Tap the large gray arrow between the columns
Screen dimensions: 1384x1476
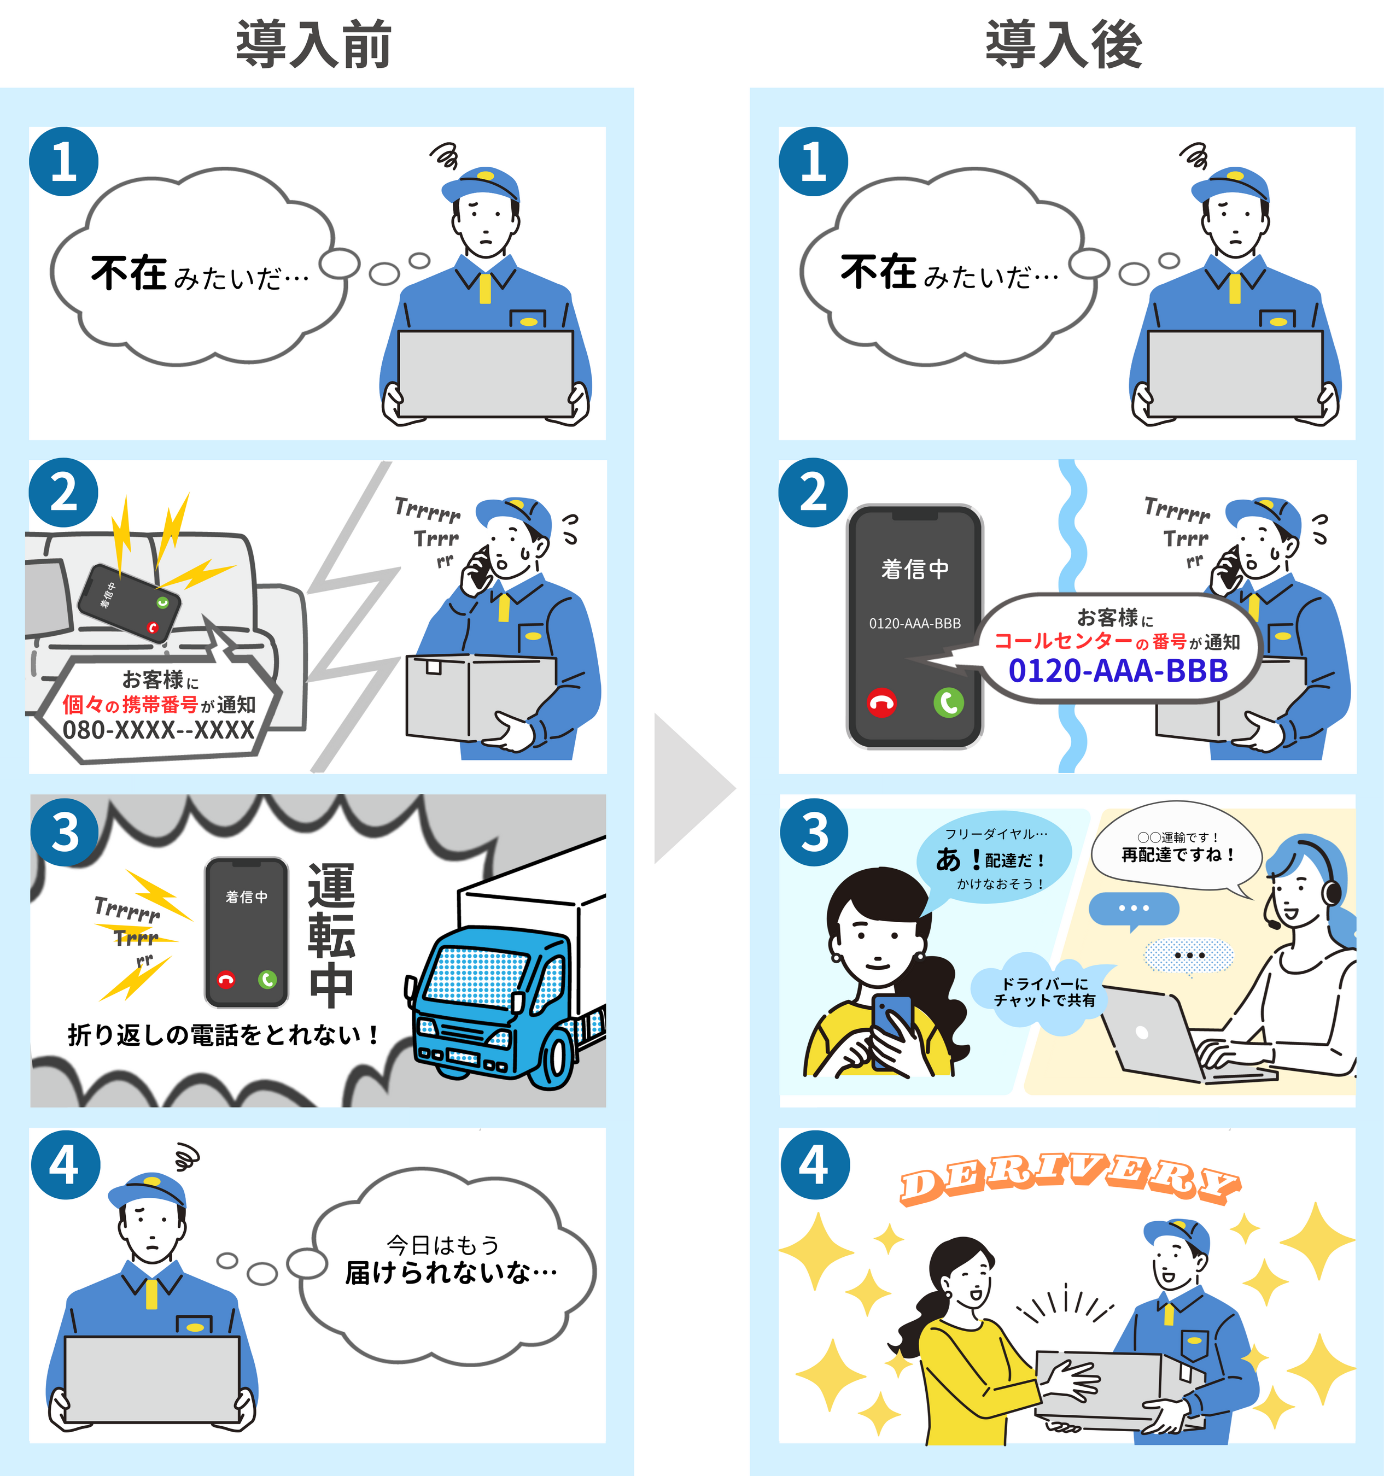click(x=691, y=788)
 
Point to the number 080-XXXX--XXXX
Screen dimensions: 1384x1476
click(x=158, y=730)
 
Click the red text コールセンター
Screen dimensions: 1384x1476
click(x=1063, y=641)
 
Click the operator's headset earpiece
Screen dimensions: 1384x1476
click(x=1332, y=891)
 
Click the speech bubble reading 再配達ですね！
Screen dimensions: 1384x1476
click(x=1177, y=854)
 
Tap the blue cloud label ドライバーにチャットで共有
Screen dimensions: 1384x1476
click(x=1044, y=992)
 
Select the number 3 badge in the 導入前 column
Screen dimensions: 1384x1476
click(x=65, y=832)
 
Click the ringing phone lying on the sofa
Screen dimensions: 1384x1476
click(x=130, y=603)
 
